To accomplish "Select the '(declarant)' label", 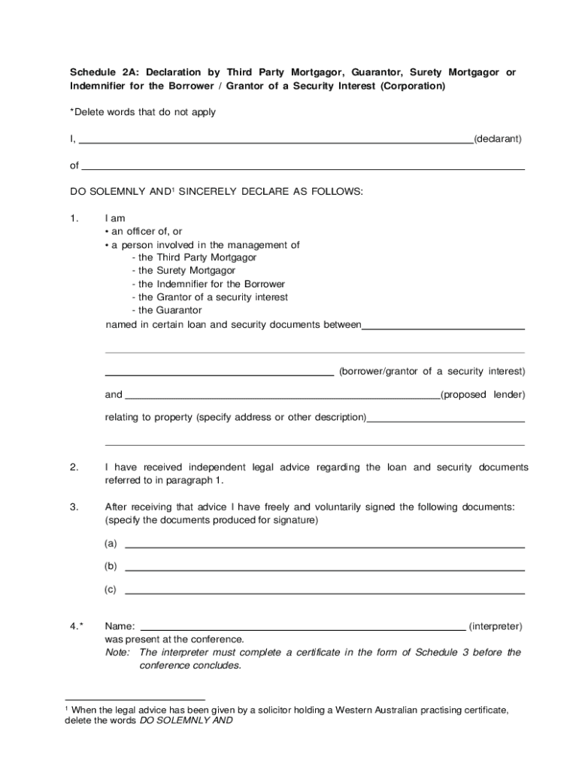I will click(497, 139).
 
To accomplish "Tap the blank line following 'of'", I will click(303, 169).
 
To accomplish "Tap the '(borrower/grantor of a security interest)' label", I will click(432, 371).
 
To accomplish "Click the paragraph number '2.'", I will click(74, 468).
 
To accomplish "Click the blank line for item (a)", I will click(324, 547).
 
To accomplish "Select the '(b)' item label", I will click(111, 566).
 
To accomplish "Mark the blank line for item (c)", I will click(324, 593).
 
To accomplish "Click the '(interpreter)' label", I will click(495, 626).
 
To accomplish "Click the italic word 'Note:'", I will click(118, 652).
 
